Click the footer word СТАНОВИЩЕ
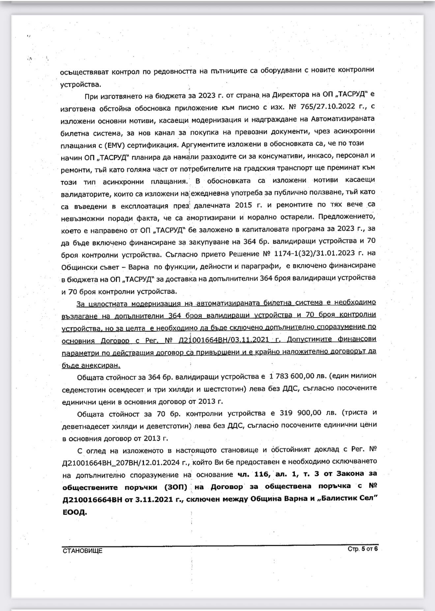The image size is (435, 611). pyautogui.click(x=82, y=551)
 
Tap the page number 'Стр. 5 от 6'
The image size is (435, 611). pyautogui.click(x=363, y=549)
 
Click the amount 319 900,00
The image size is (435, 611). pyautogui.click(x=301, y=413)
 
